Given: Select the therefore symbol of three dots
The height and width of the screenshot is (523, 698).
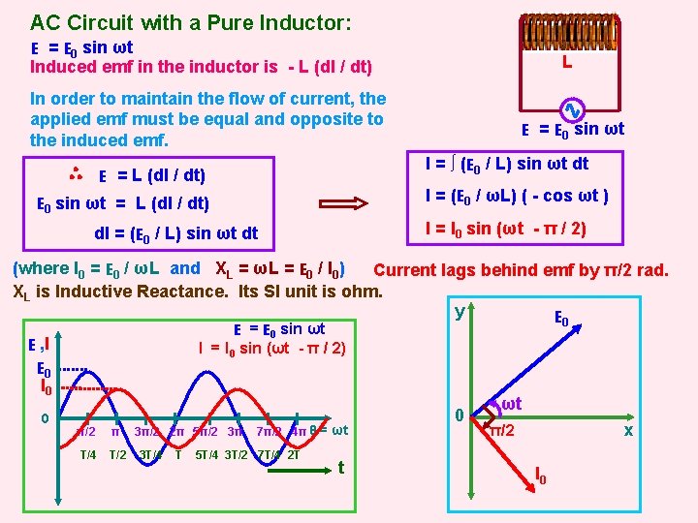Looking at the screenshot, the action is (x=76, y=174).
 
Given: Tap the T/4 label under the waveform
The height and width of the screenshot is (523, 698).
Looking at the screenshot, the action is (x=87, y=454).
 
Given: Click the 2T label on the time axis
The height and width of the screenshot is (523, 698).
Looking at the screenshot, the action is (x=292, y=454).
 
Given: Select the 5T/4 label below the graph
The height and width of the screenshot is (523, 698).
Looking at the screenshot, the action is (x=206, y=454).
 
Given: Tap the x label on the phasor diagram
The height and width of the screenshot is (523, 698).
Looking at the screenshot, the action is (x=628, y=429).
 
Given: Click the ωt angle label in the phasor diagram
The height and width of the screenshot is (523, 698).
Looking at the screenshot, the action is (x=512, y=402).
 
